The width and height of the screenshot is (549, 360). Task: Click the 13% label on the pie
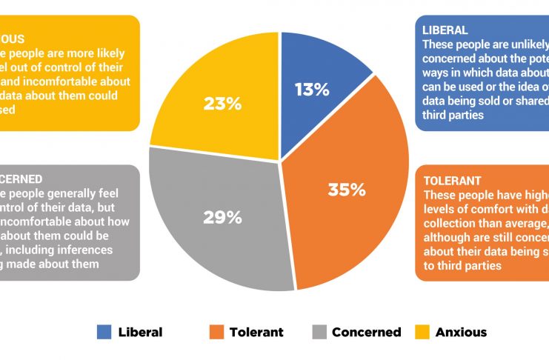311,90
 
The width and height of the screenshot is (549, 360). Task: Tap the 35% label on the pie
347,190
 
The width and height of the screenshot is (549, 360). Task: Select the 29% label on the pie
223,217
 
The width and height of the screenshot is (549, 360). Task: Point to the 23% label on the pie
223,104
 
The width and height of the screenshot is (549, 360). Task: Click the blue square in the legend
104,332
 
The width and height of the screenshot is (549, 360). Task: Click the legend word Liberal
140,332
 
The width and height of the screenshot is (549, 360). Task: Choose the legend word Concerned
366,332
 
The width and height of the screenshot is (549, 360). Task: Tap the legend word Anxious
461,332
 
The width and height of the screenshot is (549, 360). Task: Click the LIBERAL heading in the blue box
445,30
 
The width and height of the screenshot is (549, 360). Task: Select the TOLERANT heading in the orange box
452,181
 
